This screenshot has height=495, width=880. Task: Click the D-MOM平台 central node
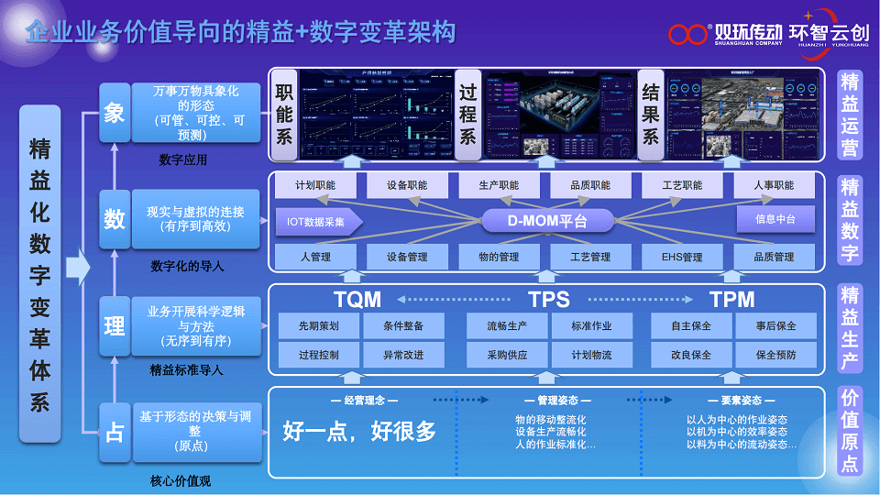(x=547, y=221)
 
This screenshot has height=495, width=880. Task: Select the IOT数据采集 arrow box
(x=317, y=221)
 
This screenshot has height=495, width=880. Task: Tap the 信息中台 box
(x=775, y=220)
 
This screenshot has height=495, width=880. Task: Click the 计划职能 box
(x=314, y=185)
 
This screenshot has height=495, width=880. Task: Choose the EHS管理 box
(x=682, y=258)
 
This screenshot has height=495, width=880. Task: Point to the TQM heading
(x=357, y=300)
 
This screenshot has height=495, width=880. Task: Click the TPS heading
(x=549, y=300)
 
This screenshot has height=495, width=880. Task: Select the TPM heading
(x=731, y=300)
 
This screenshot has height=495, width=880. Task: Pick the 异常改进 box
(x=402, y=355)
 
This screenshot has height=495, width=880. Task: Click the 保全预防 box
(x=775, y=355)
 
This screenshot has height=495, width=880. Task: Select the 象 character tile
(x=115, y=114)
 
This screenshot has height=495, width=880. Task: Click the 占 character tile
(x=115, y=432)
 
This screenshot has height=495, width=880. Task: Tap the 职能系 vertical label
(x=284, y=115)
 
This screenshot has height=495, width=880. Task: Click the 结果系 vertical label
(x=651, y=115)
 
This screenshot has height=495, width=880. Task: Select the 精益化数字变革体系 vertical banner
(x=40, y=275)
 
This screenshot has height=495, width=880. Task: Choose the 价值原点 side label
(x=850, y=430)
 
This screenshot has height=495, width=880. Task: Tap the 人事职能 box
(x=775, y=185)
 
